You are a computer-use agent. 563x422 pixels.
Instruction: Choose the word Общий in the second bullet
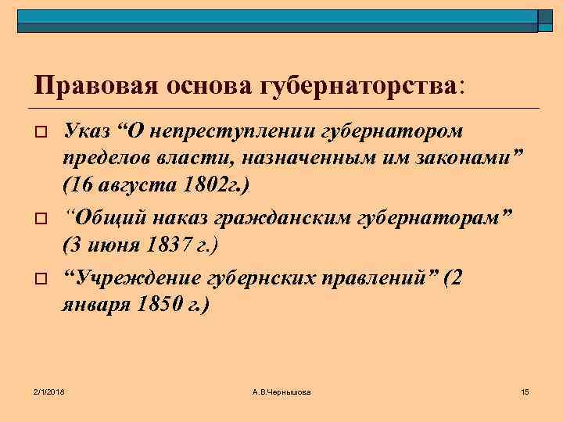pos(101,217)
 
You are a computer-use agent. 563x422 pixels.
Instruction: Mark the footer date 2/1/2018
pos(49,390)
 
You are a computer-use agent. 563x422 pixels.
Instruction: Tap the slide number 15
pos(525,390)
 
